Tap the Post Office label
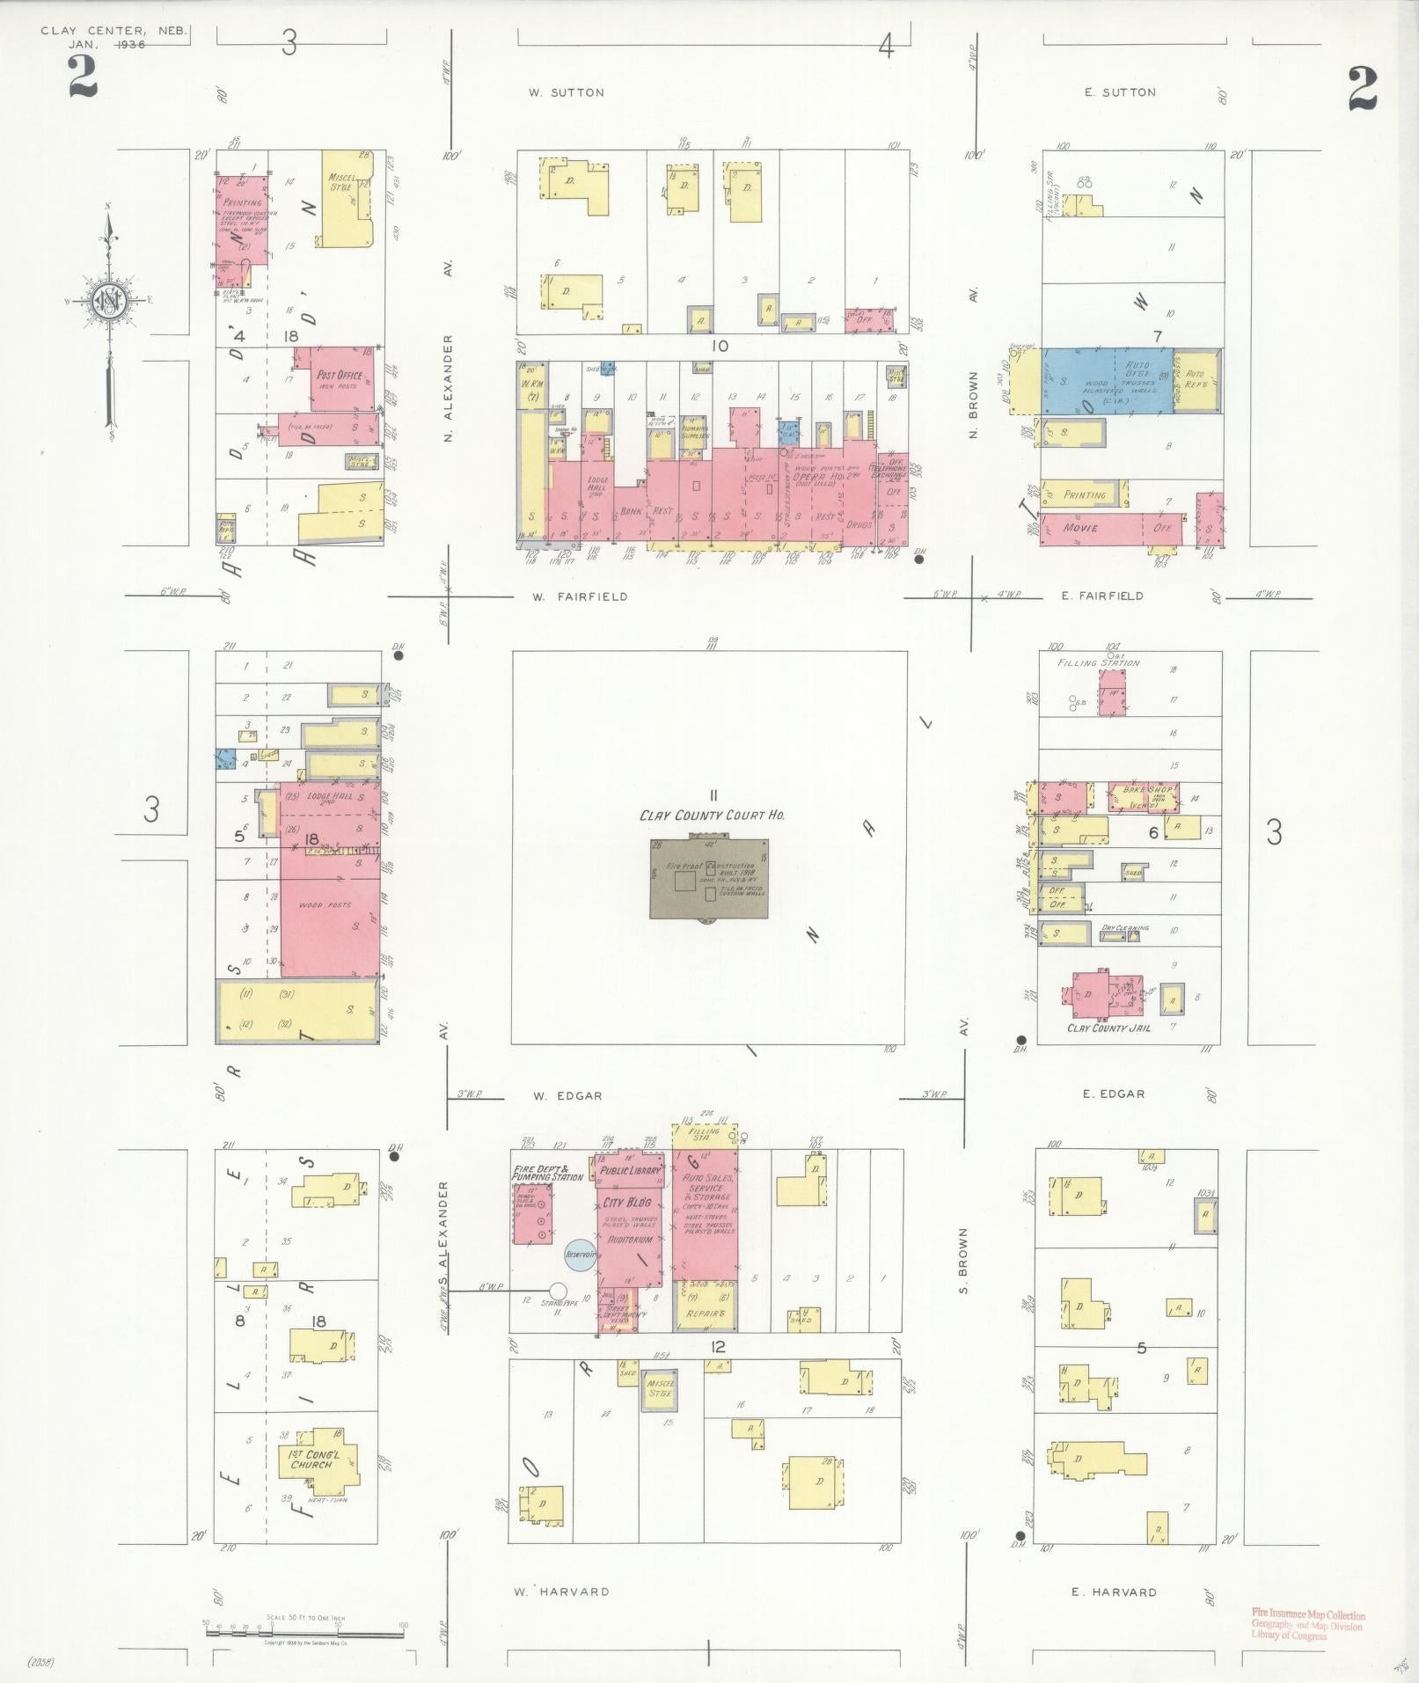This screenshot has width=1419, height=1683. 339,375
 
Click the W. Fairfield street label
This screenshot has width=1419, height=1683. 580,596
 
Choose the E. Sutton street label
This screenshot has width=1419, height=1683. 1119,92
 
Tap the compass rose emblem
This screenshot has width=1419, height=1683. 109,301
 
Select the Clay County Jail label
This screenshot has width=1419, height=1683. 1108,1028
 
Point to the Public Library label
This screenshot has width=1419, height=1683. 630,1172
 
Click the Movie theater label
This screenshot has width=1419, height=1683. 1080,528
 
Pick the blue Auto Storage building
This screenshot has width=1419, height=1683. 1107,381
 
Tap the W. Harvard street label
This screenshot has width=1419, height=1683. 561,1592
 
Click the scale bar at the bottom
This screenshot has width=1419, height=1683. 304,1630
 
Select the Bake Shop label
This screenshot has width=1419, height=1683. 1141,789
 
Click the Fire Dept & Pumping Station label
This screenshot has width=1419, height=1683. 548,1173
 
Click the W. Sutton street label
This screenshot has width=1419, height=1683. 566,92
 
